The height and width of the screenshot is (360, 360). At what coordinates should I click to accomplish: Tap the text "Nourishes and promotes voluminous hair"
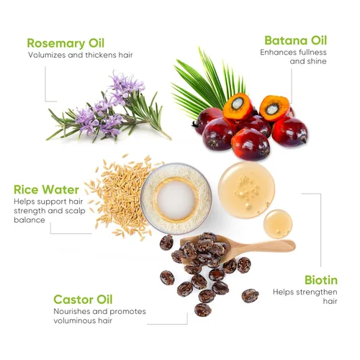[99, 317]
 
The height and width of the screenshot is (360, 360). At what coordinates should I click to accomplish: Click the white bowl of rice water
[176, 197]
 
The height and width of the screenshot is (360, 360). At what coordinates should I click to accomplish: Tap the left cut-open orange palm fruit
[237, 107]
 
